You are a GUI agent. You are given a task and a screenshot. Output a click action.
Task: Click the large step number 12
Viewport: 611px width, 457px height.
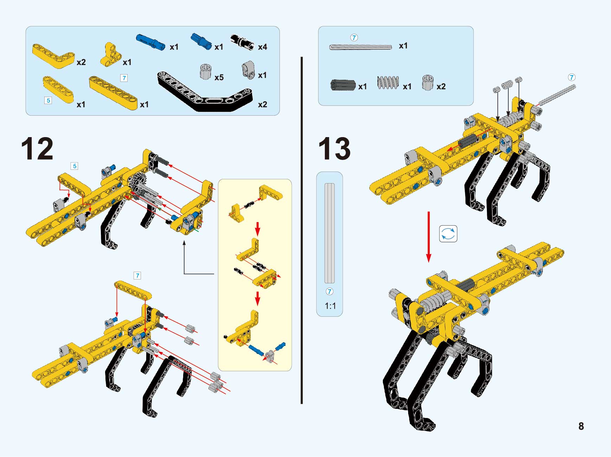click(37, 149)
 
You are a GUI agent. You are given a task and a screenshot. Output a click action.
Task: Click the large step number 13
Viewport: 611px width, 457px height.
click(334, 149)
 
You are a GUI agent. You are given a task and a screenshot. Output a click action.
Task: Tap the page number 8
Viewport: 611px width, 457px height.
click(581, 426)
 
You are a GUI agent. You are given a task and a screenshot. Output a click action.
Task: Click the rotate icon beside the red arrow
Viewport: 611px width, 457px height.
click(448, 234)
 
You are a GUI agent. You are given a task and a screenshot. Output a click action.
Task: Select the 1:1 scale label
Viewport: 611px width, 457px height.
click(330, 306)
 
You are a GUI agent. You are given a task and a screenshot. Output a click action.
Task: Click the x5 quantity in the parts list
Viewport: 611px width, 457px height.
click(219, 77)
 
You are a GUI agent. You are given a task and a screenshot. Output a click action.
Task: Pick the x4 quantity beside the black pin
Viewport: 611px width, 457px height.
click(263, 47)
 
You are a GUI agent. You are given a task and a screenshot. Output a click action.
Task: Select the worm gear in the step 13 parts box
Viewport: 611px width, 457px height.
click(388, 83)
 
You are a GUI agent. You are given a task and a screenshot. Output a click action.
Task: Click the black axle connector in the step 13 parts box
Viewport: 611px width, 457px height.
click(343, 85)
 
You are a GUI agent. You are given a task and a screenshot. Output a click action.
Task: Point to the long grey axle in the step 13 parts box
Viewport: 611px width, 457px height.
click(361, 47)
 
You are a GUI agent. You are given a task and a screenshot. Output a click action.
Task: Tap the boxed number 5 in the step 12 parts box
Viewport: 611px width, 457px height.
click(48, 101)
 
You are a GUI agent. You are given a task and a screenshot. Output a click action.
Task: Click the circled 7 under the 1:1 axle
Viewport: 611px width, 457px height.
click(329, 291)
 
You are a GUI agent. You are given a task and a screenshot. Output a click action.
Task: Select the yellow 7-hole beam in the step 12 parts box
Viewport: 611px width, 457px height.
click(113, 93)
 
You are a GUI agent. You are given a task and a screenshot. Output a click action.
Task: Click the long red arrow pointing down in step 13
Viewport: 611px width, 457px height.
click(429, 237)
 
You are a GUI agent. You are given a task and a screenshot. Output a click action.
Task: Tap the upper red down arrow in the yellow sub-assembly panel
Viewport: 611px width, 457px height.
click(258, 228)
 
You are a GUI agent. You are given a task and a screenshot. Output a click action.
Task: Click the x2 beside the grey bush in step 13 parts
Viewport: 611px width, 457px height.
click(441, 86)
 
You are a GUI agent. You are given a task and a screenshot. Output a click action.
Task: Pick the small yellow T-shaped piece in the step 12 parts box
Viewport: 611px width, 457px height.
click(110, 55)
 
